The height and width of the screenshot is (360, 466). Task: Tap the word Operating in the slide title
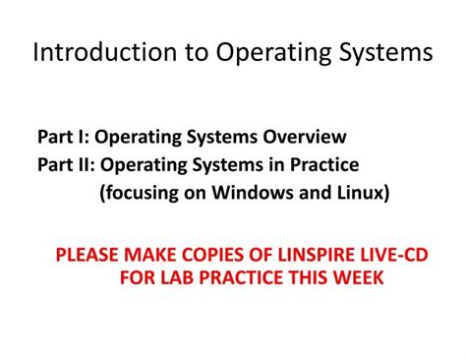click(x=255, y=51)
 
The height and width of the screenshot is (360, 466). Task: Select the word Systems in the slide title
click(x=378, y=51)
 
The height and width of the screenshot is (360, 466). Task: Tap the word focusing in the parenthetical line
click(x=141, y=192)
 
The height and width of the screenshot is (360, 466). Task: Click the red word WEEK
click(x=357, y=278)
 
